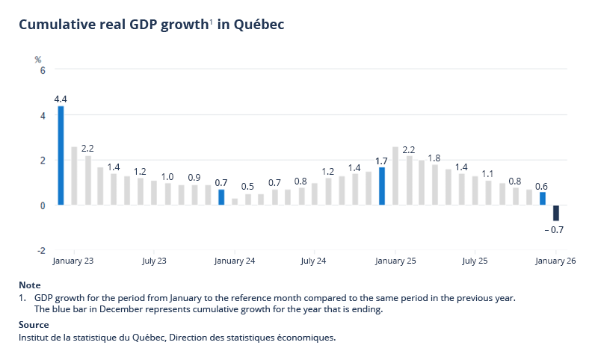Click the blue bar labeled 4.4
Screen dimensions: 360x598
pyautogui.click(x=61, y=155)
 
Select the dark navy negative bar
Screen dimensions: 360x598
pyautogui.click(x=556, y=213)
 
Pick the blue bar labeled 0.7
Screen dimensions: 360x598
pyautogui.click(x=221, y=197)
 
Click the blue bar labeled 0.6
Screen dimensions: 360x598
pyautogui.click(x=543, y=199)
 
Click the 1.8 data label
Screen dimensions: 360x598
pyautogui.click(x=434, y=158)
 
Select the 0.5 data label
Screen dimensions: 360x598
pyautogui.click(x=247, y=187)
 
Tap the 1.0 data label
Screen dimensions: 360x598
pyautogui.click(x=167, y=176)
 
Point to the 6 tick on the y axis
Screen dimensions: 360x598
pyautogui.click(x=43, y=70)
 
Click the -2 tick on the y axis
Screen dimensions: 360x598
pyautogui.click(x=41, y=250)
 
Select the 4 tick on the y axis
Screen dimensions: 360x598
pyautogui.click(x=43, y=115)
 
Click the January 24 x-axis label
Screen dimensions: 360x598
pyautogui.click(x=235, y=261)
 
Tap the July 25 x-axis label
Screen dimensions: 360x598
pyautogui.click(x=475, y=261)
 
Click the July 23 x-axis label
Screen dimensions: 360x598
pyautogui.click(x=153, y=261)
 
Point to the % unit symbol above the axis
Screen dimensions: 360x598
pyautogui.click(x=38, y=58)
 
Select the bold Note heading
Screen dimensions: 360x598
pyautogui.click(x=30, y=285)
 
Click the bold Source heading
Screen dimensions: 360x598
pyautogui.click(x=34, y=325)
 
